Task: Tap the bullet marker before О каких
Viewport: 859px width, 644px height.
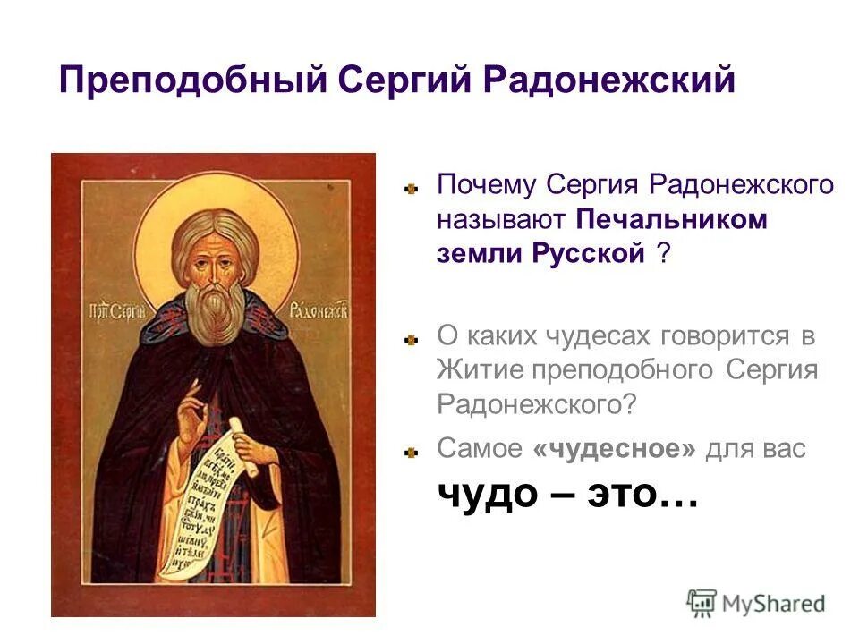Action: point(411,338)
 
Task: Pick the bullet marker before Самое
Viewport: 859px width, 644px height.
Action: point(411,451)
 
